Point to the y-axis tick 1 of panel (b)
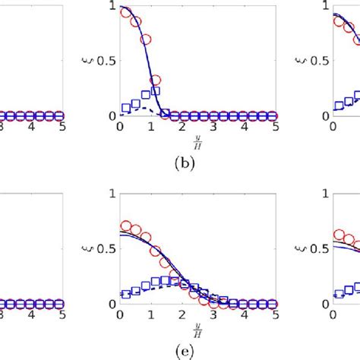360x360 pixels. click(113, 6)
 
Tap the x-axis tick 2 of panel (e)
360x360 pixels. click(182, 317)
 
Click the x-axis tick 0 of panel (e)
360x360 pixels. click(120, 317)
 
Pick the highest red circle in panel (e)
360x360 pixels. click(125, 226)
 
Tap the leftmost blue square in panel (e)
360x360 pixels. click(125, 294)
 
